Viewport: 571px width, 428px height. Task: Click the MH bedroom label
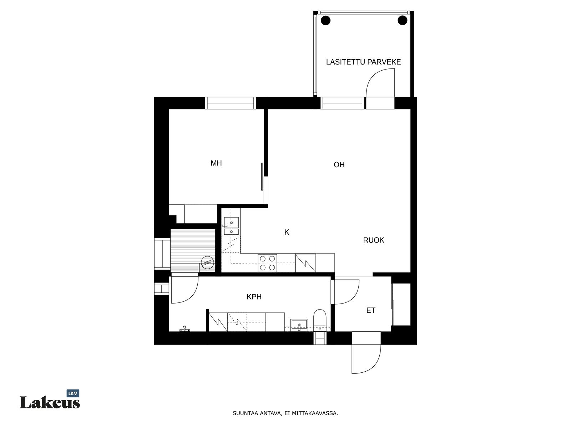coord(216,163)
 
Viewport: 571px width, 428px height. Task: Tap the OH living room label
coord(339,165)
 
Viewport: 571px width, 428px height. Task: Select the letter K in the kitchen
coord(287,232)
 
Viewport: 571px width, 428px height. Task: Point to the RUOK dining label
coord(373,240)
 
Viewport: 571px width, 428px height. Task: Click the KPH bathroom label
coord(254,297)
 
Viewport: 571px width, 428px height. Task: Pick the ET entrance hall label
coord(371,310)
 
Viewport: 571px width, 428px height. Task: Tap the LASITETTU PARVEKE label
coord(363,62)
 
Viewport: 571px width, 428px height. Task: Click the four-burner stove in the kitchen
coord(267,263)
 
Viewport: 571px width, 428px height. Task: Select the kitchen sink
coord(231,226)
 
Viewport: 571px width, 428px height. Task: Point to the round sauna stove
coord(207,263)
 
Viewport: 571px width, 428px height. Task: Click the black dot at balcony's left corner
coord(325,20)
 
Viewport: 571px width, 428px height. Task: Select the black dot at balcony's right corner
coord(402,20)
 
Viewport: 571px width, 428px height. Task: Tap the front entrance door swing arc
coord(373,367)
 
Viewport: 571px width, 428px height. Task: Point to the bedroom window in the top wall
coord(230,103)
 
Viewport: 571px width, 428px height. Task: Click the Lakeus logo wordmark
coord(50,403)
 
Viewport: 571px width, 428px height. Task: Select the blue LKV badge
coord(73,393)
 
